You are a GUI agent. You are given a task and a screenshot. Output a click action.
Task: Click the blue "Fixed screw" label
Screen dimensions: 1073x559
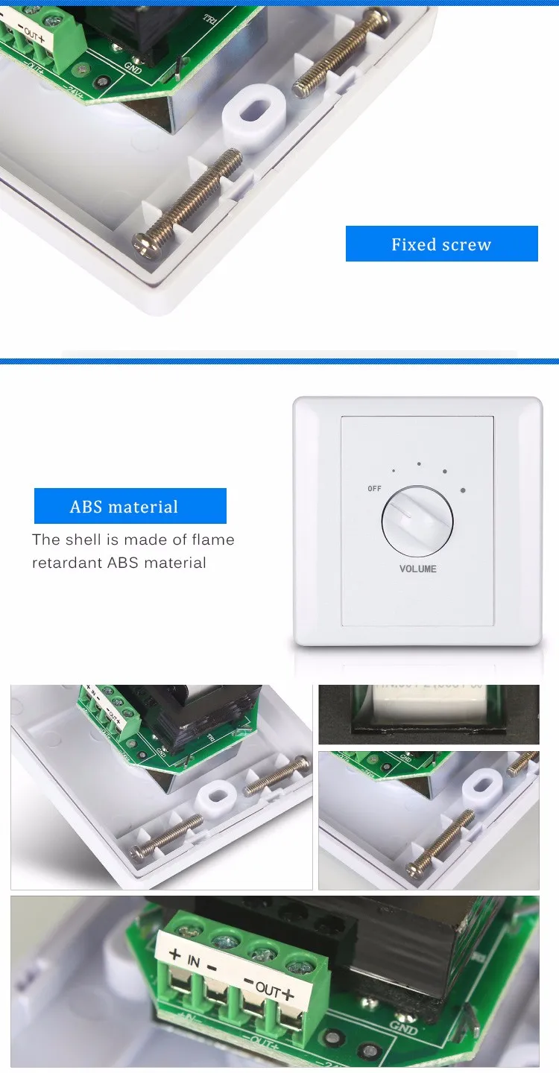441,244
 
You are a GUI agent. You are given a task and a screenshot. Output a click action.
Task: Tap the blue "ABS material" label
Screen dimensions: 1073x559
130,507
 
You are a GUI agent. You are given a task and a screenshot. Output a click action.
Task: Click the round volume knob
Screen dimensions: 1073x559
417,522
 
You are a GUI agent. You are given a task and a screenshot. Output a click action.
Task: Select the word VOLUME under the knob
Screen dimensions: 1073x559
418,569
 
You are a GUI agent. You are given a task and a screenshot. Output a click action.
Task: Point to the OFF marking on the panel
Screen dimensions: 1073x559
374,489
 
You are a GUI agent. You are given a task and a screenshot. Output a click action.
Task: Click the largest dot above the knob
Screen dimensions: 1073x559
464,490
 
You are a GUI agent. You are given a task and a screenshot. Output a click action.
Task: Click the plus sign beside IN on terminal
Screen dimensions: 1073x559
175,953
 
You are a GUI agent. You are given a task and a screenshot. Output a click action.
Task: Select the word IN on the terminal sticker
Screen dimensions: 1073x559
194,962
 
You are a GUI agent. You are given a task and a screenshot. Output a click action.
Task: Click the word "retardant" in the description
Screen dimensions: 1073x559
66,563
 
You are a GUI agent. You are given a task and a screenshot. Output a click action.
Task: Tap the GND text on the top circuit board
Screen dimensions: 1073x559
134,67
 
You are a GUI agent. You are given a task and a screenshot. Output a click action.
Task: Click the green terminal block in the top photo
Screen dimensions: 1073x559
46,34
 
